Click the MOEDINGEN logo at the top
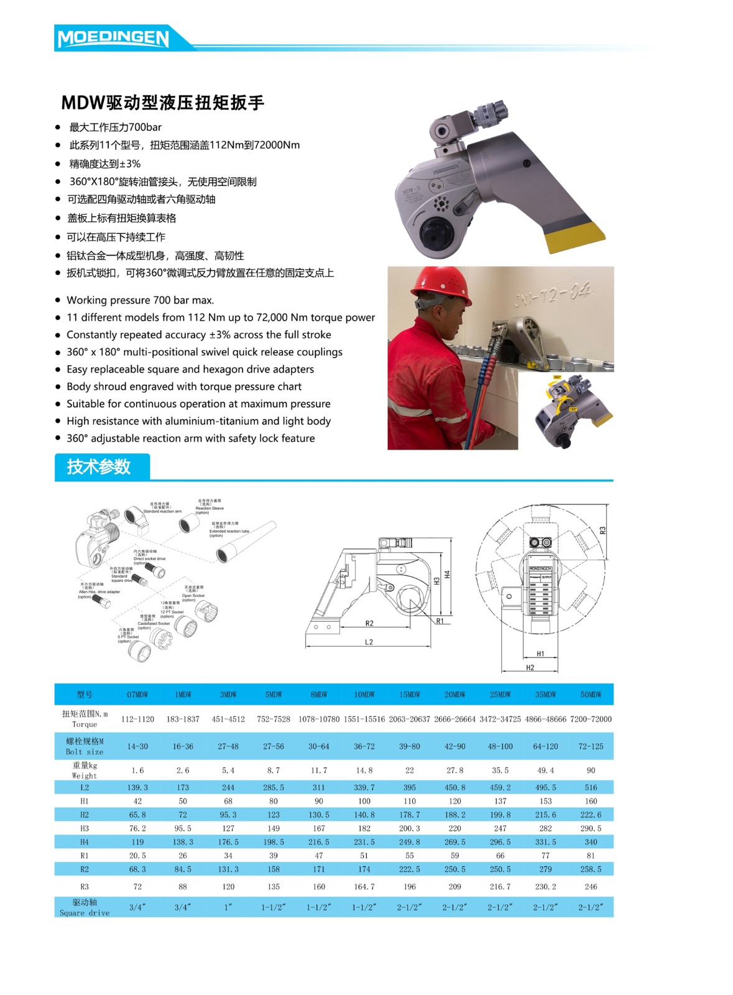(x=113, y=38)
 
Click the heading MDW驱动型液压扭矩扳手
(x=163, y=102)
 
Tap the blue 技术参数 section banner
(x=99, y=466)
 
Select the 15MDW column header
(x=410, y=694)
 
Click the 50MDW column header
(x=591, y=694)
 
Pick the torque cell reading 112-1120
(x=137, y=719)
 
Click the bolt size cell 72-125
(x=591, y=746)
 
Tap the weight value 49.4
(x=545, y=770)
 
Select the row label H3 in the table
(x=85, y=828)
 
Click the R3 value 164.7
(x=364, y=887)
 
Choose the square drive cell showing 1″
(x=228, y=907)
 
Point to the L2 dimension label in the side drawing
(x=369, y=642)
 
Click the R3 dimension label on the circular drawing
(x=602, y=530)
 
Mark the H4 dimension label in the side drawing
(x=446, y=575)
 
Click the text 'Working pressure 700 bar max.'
(x=141, y=300)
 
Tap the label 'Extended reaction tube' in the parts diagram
(x=229, y=531)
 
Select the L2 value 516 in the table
(x=591, y=787)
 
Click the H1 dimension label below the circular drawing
(x=540, y=654)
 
